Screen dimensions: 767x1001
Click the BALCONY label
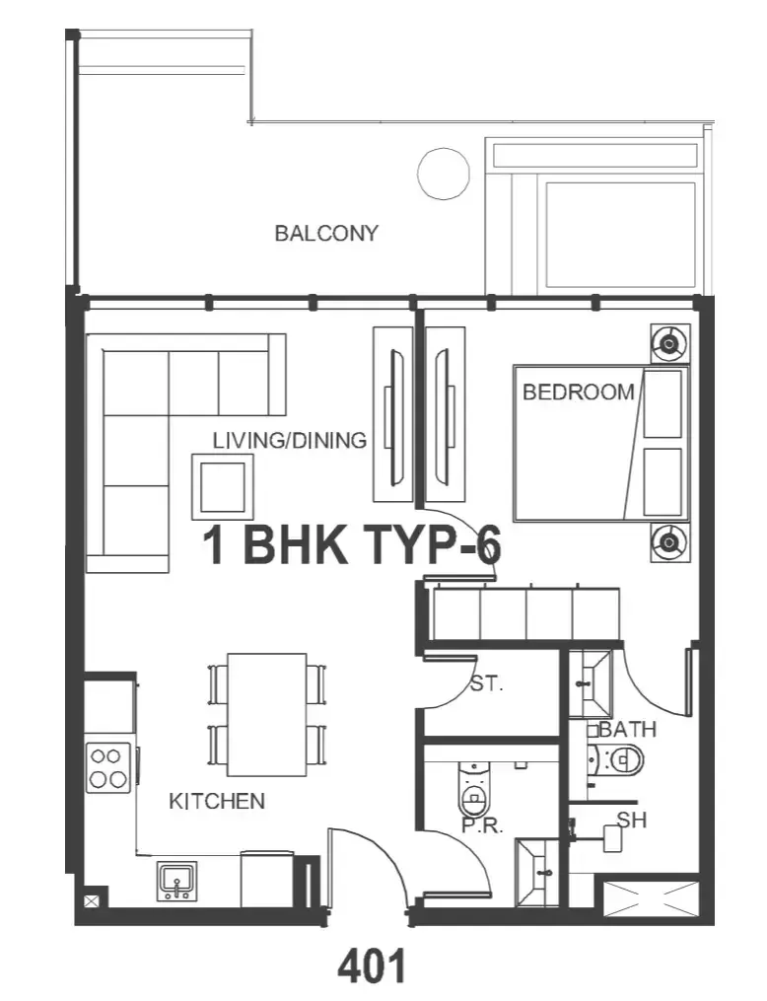(x=326, y=233)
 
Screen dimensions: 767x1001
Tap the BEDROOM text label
(x=578, y=392)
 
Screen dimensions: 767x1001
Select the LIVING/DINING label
(x=290, y=440)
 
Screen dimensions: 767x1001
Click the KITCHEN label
(x=217, y=801)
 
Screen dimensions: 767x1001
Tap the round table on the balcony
(x=444, y=173)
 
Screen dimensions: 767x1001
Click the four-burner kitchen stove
(x=107, y=768)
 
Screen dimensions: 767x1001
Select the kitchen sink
(x=176, y=881)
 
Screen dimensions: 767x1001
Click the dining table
(x=267, y=714)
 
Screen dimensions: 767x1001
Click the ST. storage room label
(x=487, y=684)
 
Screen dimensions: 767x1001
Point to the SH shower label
(x=632, y=820)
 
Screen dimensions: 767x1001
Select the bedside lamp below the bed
(x=669, y=542)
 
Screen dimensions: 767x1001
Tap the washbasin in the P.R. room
(x=537, y=872)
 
